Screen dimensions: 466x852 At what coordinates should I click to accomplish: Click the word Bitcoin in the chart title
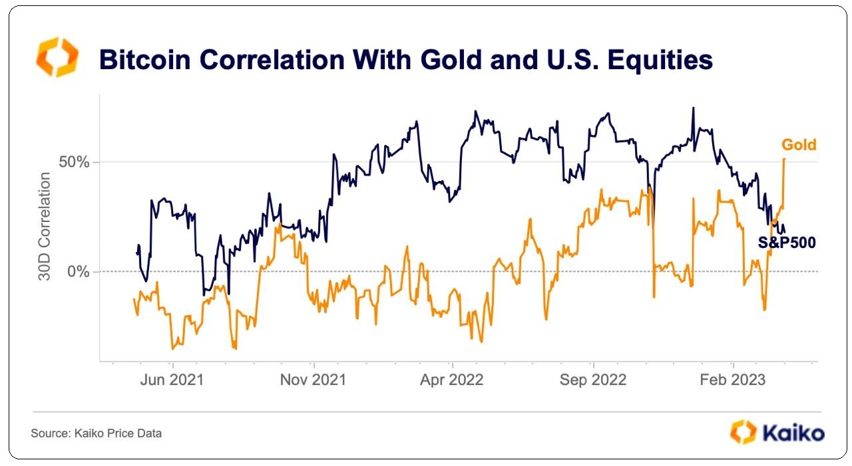pyautogui.click(x=142, y=60)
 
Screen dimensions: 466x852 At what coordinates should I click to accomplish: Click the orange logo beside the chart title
pyautogui.click(x=57, y=57)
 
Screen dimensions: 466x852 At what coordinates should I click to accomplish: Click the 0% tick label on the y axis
pyautogui.click(x=77, y=272)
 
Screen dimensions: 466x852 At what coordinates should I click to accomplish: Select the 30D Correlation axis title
pyautogui.click(x=45, y=226)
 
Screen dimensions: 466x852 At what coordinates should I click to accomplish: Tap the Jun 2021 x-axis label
pyautogui.click(x=173, y=380)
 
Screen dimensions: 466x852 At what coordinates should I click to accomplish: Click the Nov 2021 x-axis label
pyautogui.click(x=313, y=380)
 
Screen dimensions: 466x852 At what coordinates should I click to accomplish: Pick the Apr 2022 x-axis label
pyautogui.click(x=453, y=380)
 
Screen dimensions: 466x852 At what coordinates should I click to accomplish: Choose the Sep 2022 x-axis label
pyautogui.click(x=593, y=380)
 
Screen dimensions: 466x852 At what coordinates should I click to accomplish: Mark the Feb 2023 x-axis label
pyautogui.click(x=733, y=380)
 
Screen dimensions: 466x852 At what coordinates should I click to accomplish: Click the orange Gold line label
pyautogui.click(x=799, y=145)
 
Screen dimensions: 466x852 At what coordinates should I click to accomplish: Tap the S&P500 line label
pyautogui.click(x=787, y=243)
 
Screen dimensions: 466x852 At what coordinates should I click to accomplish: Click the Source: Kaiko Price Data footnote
pyautogui.click(x=96, y=433)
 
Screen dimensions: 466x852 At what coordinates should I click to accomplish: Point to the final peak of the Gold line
pyautogui.click(x=785, y=160)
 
